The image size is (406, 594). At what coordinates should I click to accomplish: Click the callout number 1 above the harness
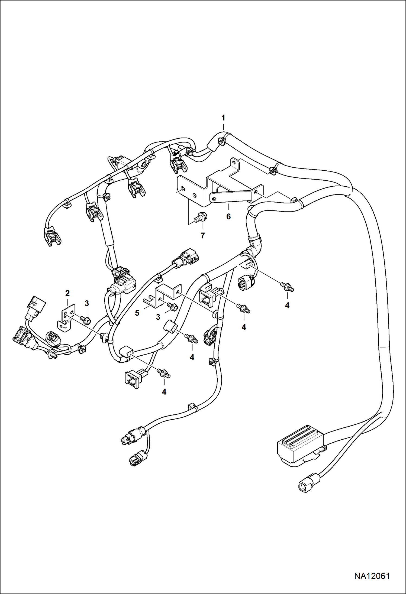click(223, 118)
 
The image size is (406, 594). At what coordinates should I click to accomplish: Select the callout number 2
click(67, 293)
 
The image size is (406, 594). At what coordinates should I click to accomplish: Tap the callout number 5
click(137, 313)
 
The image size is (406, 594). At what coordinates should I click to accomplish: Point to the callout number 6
click(228, 216)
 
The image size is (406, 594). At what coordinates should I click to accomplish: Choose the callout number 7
click(202, 236)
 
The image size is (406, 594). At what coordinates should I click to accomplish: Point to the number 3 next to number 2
click(87, 304)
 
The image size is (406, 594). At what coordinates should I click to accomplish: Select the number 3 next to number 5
click(158, 317)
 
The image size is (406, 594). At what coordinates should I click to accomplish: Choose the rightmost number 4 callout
click(287, 305)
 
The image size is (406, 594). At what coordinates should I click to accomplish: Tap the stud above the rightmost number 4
click(287, 287)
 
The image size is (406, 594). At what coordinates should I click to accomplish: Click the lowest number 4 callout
click(164, 392)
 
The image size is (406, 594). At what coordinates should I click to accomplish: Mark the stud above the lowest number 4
click(164, 373)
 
